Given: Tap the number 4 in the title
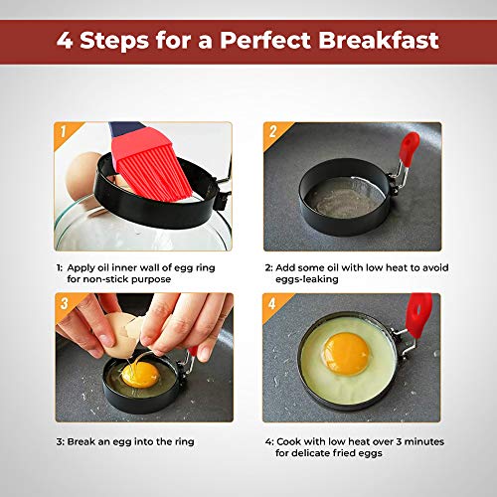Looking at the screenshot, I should [x=69, y=43].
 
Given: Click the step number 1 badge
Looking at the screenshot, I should [x=64, y=131].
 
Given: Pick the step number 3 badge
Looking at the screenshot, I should [x=64, y=301].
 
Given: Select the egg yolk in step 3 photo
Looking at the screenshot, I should [x=140, y=374].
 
